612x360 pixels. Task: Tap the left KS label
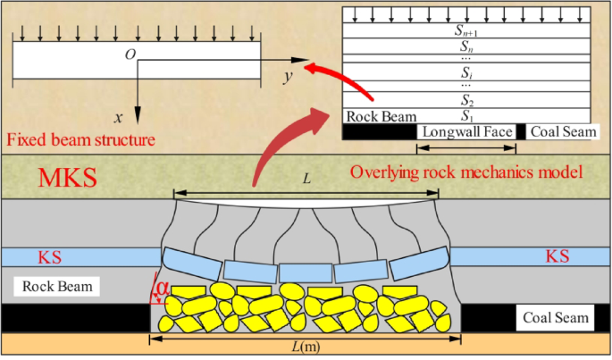pyautogui.click(x=50, y=257)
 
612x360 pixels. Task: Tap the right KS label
pyautogui.click(x=558, y=257)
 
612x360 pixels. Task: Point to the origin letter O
pyautogui.click(x=130, y=55)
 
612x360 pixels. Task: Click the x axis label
pyautogui.click(x=117, y=117)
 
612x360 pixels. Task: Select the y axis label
pyautogui.click(x=288, y=77)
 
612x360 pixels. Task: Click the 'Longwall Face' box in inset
pyautogui.click(x=466, y=131)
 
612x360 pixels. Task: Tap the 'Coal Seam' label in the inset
pyautogui.click(x=563, y=131)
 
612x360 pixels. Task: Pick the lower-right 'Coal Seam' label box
pyautogui.click(x=555, y=317)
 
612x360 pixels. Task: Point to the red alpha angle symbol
pyautogui.click(x=163, y=288)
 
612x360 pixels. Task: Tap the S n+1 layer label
pyautogui.click(x=466, y=29)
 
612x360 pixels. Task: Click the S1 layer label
pyautogui.click(x=466, y=115)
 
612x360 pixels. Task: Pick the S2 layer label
pyautogui.click(x=466, y=100)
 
